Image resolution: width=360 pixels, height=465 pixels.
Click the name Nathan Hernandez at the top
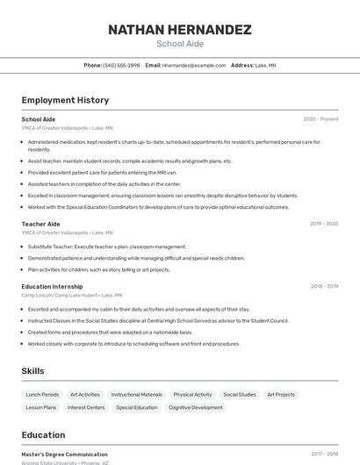pos(179,30)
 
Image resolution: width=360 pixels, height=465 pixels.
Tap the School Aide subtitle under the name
pos(179,44)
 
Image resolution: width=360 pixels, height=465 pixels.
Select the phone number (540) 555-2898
pos(121,65)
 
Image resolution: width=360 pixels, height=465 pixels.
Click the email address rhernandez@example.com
pos(194,65)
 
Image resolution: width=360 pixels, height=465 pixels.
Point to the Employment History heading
pos(65,100)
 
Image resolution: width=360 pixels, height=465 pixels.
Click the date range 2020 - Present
pos(320,119)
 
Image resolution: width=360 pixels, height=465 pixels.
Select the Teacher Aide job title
pos(40,224)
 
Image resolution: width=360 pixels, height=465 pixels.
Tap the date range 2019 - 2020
pos(324,224)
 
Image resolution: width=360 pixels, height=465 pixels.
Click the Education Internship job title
pos(52,286)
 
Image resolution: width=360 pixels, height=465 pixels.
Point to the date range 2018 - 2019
pos(324,286)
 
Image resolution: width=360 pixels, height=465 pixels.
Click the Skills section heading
pos(32,371)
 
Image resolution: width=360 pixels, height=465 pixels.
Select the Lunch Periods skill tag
pos(42,395)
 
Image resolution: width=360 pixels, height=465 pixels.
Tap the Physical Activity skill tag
pos(192,395)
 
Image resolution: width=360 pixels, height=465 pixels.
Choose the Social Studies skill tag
pos(240,395)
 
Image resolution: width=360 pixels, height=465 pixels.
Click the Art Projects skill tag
pos(281,395)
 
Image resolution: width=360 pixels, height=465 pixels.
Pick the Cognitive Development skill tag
pos(195,407)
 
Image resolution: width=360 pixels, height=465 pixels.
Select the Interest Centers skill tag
pos(86,407)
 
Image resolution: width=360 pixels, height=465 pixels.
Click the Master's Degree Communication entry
pos(64,454)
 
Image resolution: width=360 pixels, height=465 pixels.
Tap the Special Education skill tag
pos(137,407)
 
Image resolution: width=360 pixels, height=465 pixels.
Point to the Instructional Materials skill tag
pos(136,395)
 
